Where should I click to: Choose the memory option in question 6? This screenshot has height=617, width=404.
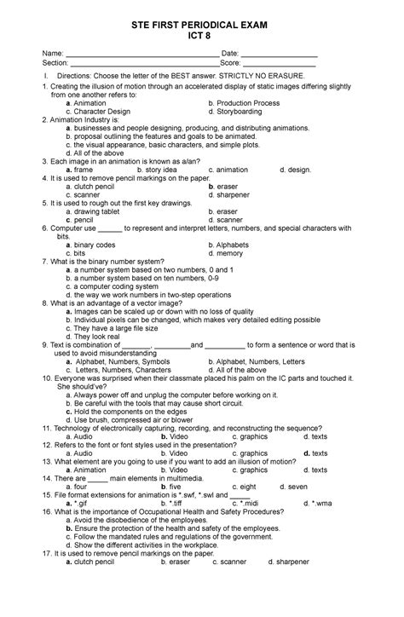click(230, 253)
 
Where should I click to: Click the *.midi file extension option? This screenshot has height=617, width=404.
click(247, 503)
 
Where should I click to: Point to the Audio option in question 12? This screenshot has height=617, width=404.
click(84, 453)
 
